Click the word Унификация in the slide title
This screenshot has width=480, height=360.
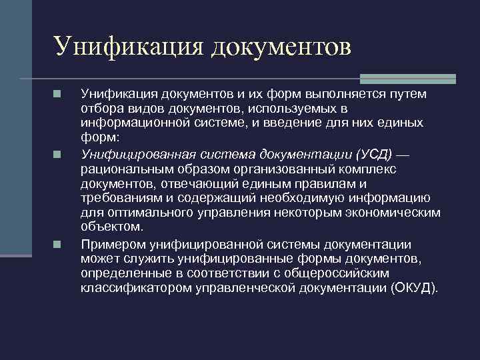(x=127, y=46)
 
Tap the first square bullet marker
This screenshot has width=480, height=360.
(x=58, y=95)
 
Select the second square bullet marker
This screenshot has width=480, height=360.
(x=58, y=155)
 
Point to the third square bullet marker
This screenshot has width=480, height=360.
(x=58, y=245)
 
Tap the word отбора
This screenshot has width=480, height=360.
(x=99, y=109)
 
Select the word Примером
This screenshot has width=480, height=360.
(x=107, y=245)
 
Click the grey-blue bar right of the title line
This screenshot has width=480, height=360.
(x=407, y=78)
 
